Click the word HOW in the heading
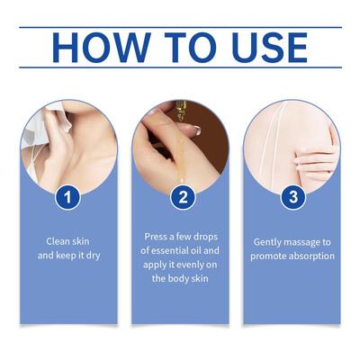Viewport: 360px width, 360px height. pyautogui.click(x=102, y=48)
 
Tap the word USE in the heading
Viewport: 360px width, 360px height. pyautogui.click(x=270, y=48)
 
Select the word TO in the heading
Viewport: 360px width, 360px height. pyautogui.click(x=191, y=48)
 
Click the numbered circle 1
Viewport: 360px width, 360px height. pyautogui.click(x=67, y=197)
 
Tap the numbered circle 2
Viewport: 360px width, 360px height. pyautogui.click(x=183, y=197)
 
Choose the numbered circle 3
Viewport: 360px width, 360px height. pyautogui.click(x=293, y=197)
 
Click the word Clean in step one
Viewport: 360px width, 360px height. pyautogui.click(x=57, y=241)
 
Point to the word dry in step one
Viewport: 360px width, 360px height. pyautogui.click(x=93, y=256)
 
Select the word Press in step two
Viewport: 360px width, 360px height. pyautogui.click(x=156, y=237)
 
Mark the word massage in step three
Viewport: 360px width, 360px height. pyautogui.click(x=298, y=242)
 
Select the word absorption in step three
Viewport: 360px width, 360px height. pyautogui.click(x=311, y=256)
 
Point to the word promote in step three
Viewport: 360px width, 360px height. pyautogui.click(x=268, y=256)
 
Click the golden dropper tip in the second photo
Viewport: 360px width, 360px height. pyautogui.click(x=181, y=113)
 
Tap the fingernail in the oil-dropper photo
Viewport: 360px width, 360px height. pyautogui.click(x=194, y=130)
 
